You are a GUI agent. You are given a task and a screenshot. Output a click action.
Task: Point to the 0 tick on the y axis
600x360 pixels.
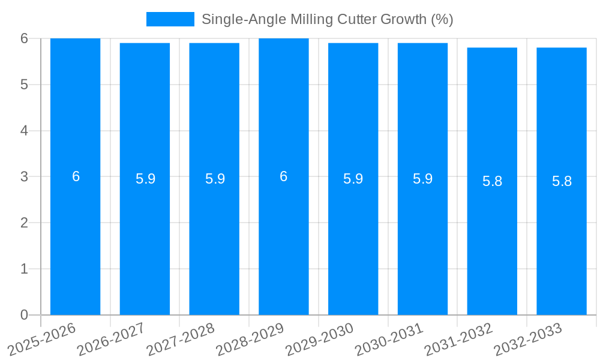pos(24,315)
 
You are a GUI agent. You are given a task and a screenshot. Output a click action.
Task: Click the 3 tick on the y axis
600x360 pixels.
pos(24,177)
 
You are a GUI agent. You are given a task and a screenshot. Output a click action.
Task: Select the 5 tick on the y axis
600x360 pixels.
pos(24,85)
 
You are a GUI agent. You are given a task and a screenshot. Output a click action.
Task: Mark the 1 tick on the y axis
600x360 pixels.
pos(24,269)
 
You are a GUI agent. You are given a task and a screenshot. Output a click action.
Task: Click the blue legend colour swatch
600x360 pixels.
pos(170,19)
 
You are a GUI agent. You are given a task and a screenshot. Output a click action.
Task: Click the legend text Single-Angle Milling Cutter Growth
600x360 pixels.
pos(327,19)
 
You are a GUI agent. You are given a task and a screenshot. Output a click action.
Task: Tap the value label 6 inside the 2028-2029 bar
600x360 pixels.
pos(284,176)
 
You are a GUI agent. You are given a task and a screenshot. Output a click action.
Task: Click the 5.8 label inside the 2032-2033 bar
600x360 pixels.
pos(562,181)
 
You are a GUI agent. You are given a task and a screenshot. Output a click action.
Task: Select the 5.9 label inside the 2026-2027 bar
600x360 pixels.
pos(145,179)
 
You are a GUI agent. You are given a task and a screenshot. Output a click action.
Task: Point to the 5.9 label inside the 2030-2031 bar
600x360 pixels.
pos(422,179)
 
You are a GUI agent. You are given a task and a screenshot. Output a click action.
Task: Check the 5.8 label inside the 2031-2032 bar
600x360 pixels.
pos(492,181)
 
